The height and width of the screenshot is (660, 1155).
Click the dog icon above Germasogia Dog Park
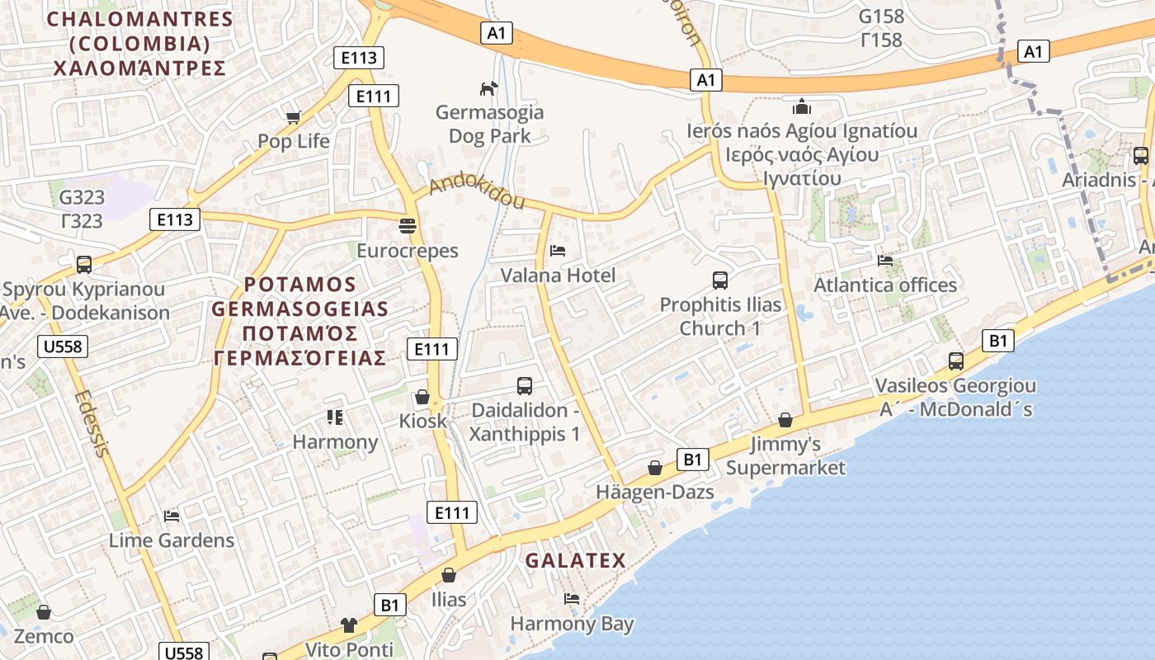point(489,87)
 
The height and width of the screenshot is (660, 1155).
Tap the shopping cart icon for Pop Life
point(293,117)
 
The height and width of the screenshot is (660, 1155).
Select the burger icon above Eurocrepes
point(408,225)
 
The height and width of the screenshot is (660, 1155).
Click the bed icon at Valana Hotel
point(558,250)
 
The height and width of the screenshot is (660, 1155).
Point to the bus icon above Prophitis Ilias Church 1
point(720,280)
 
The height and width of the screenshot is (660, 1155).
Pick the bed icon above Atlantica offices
point(885,261)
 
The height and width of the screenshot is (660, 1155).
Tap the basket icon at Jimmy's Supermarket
point(785,420)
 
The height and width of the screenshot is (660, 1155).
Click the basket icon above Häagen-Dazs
point(655,468)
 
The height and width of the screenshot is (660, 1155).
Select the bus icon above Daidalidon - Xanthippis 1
point(525,385)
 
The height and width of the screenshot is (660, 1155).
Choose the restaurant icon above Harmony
point(334,417)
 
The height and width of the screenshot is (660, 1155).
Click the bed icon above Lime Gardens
point(172,516)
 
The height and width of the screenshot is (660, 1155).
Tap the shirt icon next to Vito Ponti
point(348,625)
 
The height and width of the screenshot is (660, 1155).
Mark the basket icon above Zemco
point(44,612)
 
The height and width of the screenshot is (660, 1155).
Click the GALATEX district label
point(576,561)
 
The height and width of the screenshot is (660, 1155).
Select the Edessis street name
point(91,422)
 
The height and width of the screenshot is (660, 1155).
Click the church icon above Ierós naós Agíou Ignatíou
point(802,106)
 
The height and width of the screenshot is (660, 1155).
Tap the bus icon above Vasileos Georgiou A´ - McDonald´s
point(956,361)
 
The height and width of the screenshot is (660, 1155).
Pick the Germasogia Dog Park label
point(490,124)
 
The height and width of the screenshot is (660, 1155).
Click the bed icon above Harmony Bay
point(571,598)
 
